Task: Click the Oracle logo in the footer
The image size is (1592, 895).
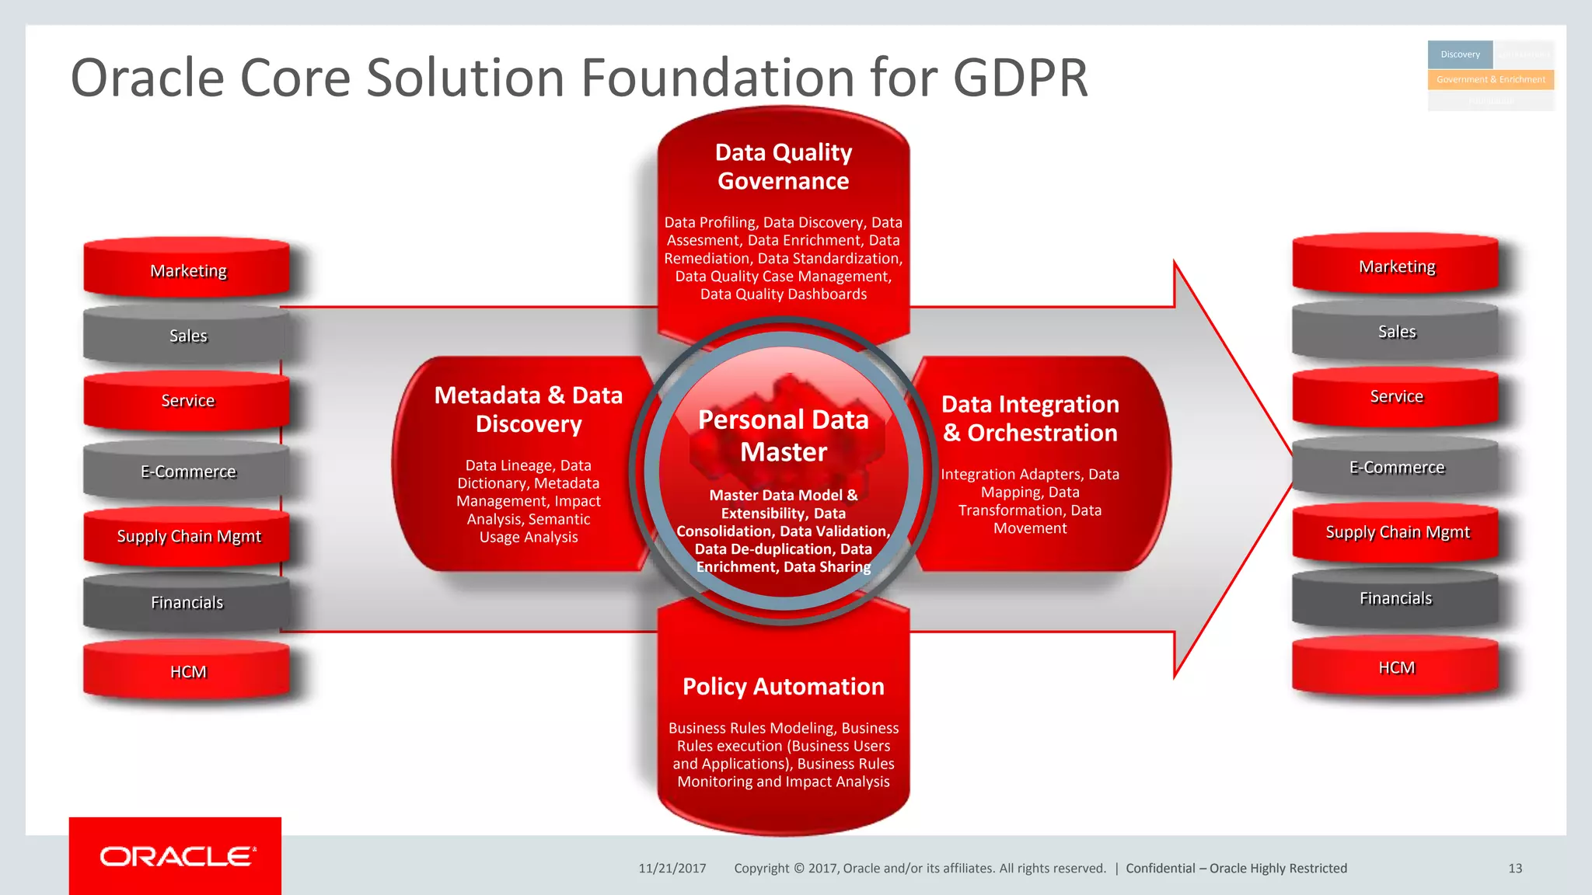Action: coord(176,856)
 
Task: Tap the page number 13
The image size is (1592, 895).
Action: coord(1514,869)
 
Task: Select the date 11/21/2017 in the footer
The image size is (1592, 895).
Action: coord(672,869)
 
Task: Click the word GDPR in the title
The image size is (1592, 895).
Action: coord(1020,78)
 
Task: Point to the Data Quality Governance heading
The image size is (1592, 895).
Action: coord(784,166)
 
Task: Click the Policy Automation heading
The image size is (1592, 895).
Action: coord(784,687)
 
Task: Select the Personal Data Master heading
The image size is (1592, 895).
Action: coord(784,436)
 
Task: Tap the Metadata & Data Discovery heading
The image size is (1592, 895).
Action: coord(529,409)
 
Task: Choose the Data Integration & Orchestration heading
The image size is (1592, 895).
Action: coord(1030,418)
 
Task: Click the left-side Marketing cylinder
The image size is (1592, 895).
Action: coord(188,270)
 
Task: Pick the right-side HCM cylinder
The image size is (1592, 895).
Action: coord(1396,667)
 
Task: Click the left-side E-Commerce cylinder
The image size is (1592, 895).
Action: coord(188,472)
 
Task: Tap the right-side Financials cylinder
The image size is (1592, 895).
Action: coord(1396,598)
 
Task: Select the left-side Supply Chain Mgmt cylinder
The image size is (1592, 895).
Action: coord(188,536)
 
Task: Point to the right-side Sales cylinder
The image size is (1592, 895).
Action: coord(1396,332)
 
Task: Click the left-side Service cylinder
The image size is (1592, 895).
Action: coord(188,400)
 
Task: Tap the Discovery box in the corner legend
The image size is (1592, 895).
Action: coord(1460,54)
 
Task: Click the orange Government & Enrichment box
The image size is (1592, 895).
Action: coord(1490,79)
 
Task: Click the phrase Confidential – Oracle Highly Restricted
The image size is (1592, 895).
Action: coord(1236,869)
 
